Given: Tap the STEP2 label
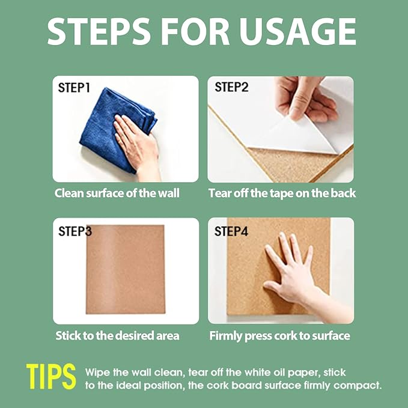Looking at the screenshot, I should tap(231, 87).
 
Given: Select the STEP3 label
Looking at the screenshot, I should tap(75, 231).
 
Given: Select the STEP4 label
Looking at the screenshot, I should tap(231, 231).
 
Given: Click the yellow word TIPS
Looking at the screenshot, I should tap(51, 377).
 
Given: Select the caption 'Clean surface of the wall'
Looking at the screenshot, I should tap(117, 193).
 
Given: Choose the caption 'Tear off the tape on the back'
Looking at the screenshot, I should tap(282, 193).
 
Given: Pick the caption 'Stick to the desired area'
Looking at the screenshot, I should tap(117, 336).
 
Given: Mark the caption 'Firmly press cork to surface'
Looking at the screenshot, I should tap(279, 336).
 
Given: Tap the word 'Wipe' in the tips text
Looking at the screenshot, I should tap(97, 373).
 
